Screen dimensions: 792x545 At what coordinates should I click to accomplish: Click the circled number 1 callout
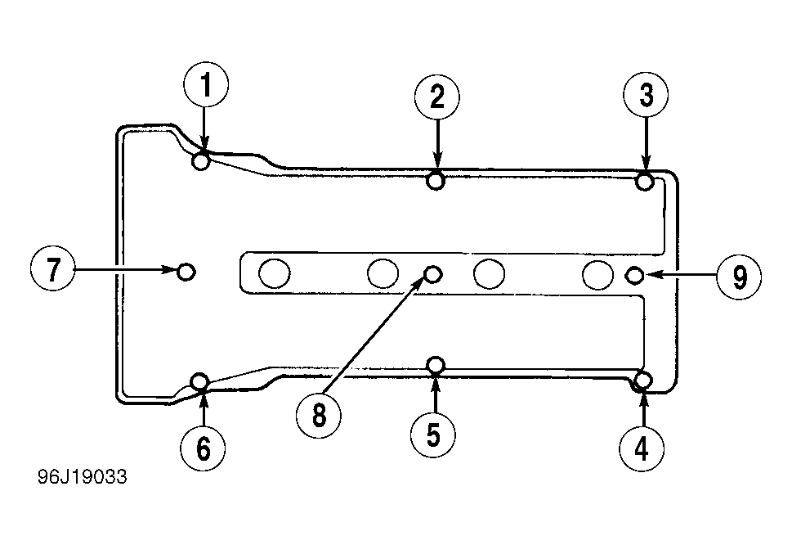pyautogui.click(x=206, y=84)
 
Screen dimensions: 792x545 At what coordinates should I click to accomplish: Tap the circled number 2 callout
pyautogui.click(x=437, y=97)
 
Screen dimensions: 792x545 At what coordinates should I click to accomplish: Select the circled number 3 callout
pyautogui.click(x=646, y=95)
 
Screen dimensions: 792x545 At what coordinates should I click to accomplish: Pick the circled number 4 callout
pyautogui.click(x=642, y=448)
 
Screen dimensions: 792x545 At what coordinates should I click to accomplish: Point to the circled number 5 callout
pyautogui.click(x=433, y=435)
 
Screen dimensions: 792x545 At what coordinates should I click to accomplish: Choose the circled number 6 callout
pyautogui.click(x=203, y=448)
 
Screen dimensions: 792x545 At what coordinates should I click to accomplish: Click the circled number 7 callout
pyautogui.click(x=53, y=268)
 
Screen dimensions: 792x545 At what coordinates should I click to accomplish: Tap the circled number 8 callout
pyautogui.click(x=319, y=416)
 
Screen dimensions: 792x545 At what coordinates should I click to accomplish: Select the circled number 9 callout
pyautogui.click(x=739, y=277)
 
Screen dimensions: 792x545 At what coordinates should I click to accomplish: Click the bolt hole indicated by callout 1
pyautogui.click(x=201, y=162)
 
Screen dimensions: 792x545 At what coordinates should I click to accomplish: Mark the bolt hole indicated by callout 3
pyautogui.click(x=645, y=181)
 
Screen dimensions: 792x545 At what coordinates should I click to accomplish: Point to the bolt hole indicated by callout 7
pyautogui.click(x=186, y=272)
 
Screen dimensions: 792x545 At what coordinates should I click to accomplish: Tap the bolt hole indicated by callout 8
pyautogui.click(x=433, y=274)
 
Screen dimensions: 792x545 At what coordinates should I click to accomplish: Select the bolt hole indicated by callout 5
pyautogui.click(x=436, y=364)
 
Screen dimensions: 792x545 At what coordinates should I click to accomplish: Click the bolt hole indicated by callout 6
pyautogui.click(x=200, y=381)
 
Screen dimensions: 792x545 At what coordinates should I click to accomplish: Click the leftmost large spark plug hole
pyautogui.click(x=275, y=273)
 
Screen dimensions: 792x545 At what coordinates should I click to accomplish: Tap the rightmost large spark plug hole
pyautogui.click(x=597, y=274)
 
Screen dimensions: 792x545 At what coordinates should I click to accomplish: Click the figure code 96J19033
pyautogui.click(x=83, y=477)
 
